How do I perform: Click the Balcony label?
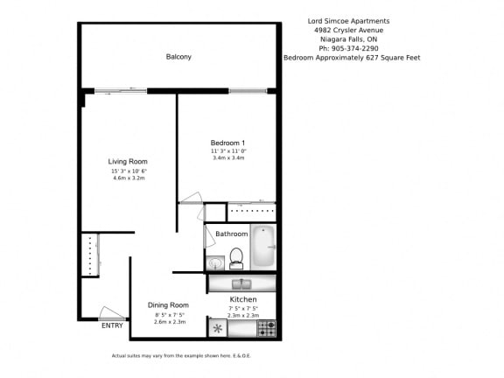[178, 57]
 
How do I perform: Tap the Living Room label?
[128, 161]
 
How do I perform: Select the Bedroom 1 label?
[227, 143]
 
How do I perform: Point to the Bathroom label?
[232, 234]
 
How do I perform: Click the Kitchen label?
[242, 299]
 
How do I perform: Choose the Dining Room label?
[168, 304]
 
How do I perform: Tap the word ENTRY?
[112, 325]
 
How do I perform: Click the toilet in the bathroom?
[235, 258]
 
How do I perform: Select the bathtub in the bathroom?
[262, 247]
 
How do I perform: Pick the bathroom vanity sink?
[215, 262]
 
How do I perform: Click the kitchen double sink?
[242, 283]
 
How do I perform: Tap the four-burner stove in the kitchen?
[267, 328]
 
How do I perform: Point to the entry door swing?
[109, 312]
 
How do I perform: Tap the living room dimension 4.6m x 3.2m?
[128, 178]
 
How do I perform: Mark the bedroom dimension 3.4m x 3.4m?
[227, 158]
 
